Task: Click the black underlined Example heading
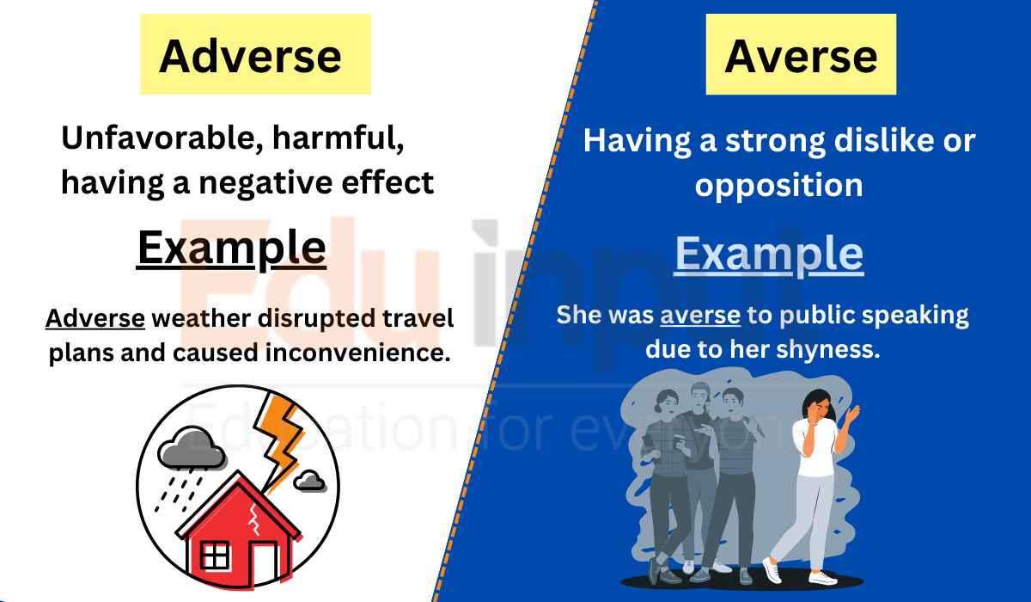point(231,249)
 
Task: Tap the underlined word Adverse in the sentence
point(95,318)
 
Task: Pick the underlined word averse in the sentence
point(699,315)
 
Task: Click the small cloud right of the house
point(308,480)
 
